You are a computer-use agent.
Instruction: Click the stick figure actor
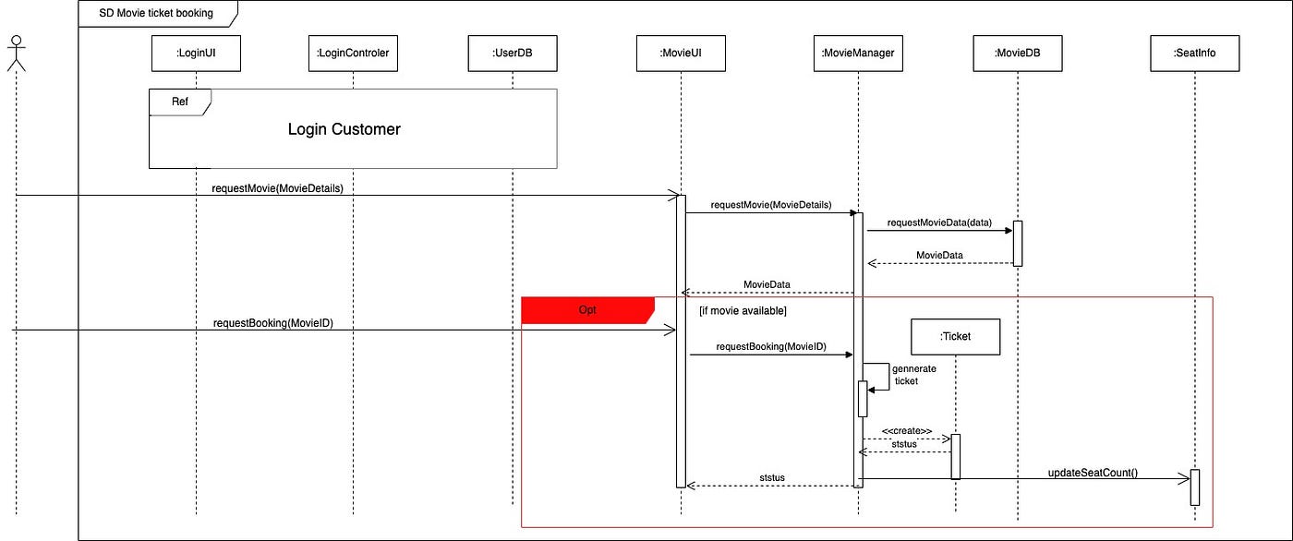[15, 54]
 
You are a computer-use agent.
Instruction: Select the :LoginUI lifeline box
[196, 54]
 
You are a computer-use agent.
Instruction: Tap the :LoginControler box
[353, 54]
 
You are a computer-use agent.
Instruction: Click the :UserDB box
[512, 54]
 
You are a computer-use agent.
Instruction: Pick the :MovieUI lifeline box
[681, 54]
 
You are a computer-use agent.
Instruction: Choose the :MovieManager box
[858, 54]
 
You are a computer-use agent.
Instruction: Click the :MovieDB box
[1018, 54]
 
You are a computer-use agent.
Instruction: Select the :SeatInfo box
[1194, 54]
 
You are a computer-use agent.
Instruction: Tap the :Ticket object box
[955, 337]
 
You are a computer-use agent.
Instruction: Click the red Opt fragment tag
[587, 310]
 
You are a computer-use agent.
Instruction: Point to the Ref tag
[180, 102]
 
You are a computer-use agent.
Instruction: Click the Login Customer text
[344, 129]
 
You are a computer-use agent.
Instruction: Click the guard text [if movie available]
[743, 311]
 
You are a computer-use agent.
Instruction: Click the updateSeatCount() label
[1093, 473]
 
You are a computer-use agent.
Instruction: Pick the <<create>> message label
[906, 431]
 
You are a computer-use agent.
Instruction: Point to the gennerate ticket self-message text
[913, 374]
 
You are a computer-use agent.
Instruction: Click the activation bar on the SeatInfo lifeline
[1194, 487]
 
